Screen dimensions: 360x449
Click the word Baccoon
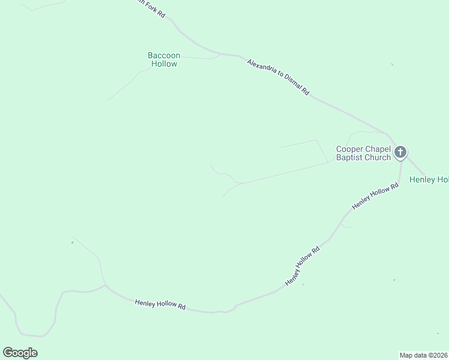(163, 55)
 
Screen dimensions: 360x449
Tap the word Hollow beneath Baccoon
(164, 64)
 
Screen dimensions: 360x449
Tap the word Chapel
(378, 149)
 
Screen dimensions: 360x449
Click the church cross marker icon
(401, 152)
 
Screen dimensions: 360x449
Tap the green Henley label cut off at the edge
(429, 179)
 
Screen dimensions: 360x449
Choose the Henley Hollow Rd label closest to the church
(375, 196)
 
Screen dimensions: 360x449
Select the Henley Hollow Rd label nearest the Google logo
(160, 304)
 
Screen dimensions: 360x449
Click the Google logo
(20, 353)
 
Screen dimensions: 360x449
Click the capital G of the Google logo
(8, 352)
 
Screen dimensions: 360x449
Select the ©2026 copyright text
(438, 355)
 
